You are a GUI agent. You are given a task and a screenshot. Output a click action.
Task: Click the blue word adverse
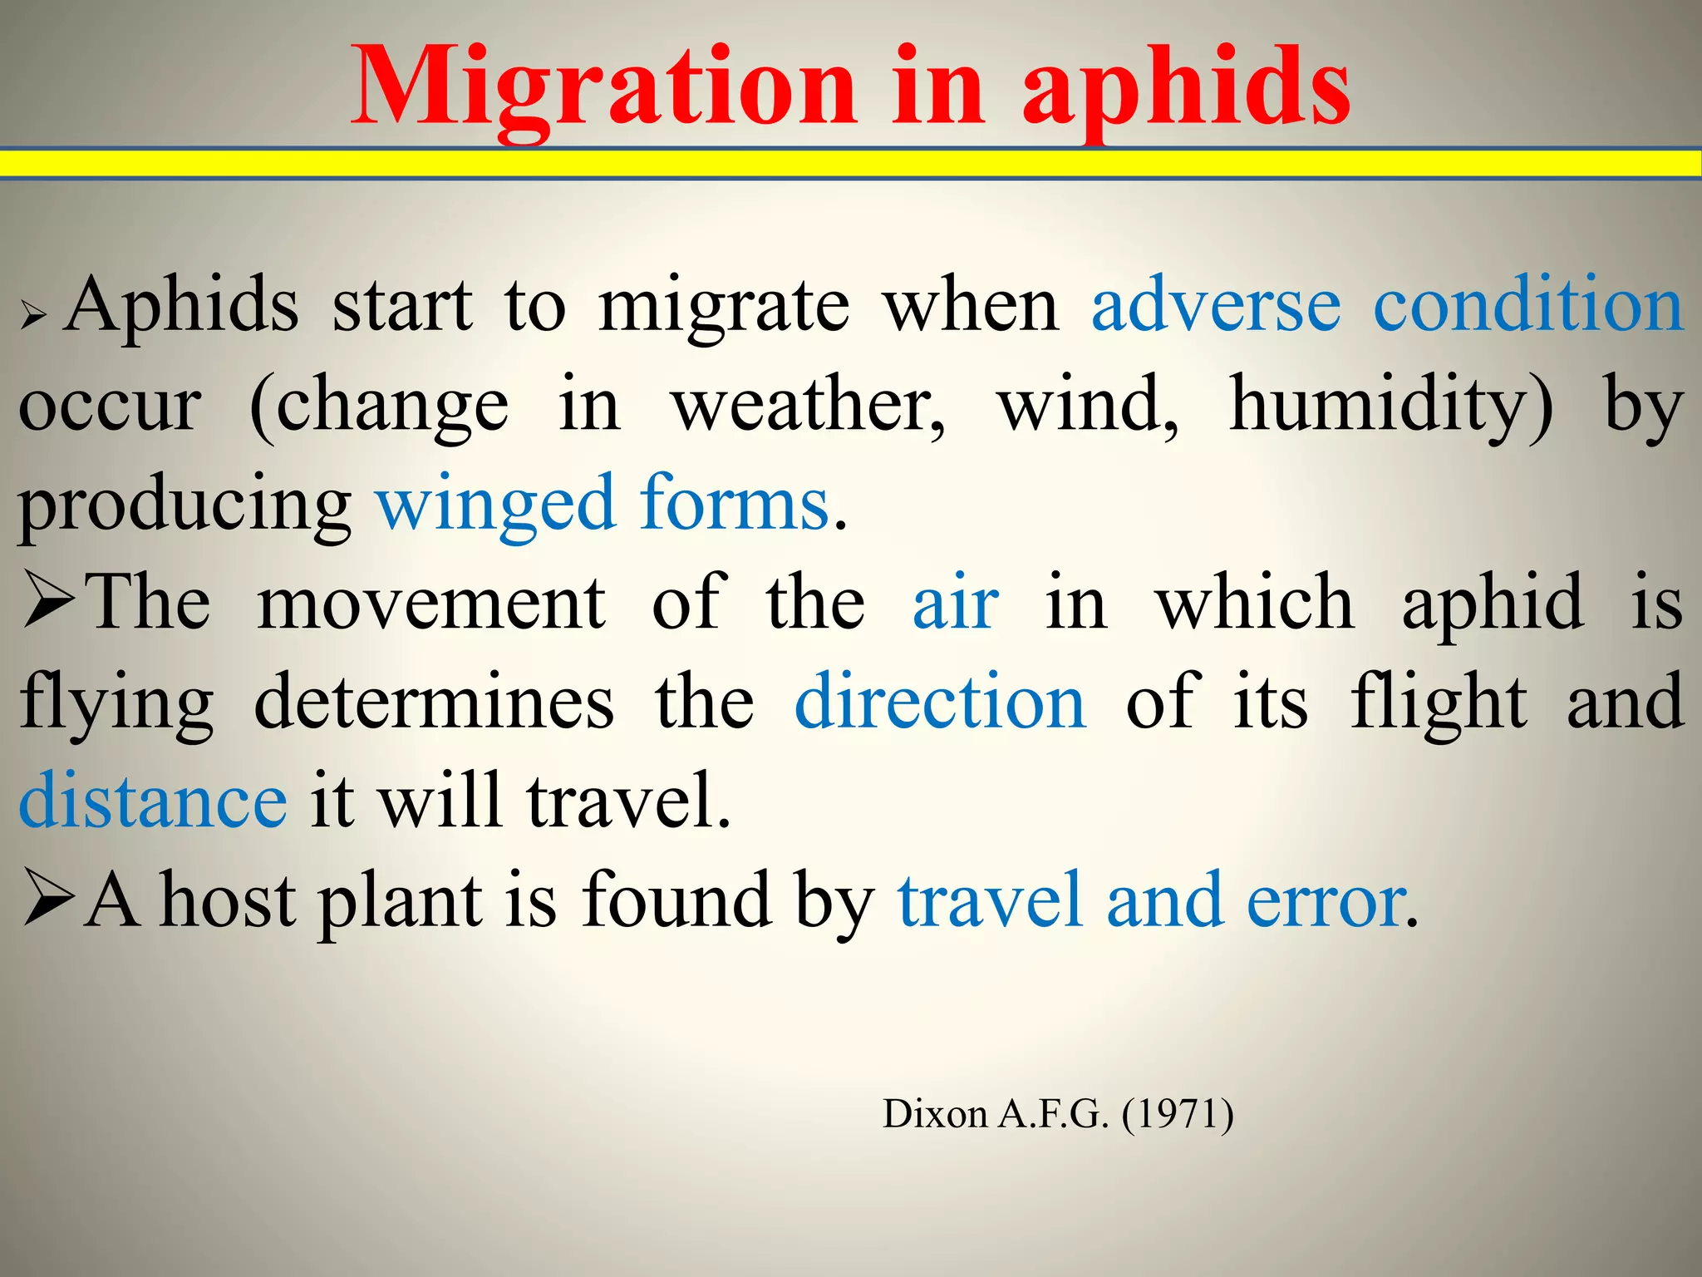[1216, 306]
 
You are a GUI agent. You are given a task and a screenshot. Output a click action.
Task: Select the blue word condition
[1527, 306]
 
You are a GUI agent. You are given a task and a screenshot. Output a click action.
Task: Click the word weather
[808, 406]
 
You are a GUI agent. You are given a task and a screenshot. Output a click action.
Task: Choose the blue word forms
[735, 504]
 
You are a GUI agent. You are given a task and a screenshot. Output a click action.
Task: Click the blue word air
[956, 604]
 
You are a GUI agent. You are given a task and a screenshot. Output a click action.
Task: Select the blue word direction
[940, 703]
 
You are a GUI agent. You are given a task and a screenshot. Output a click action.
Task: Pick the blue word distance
[153, 801]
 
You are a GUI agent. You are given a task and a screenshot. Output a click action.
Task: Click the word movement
[431, 604]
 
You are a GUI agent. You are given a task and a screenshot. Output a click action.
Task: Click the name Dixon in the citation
[934, 1113]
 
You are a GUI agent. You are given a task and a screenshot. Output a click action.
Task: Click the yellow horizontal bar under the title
[851, 163]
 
